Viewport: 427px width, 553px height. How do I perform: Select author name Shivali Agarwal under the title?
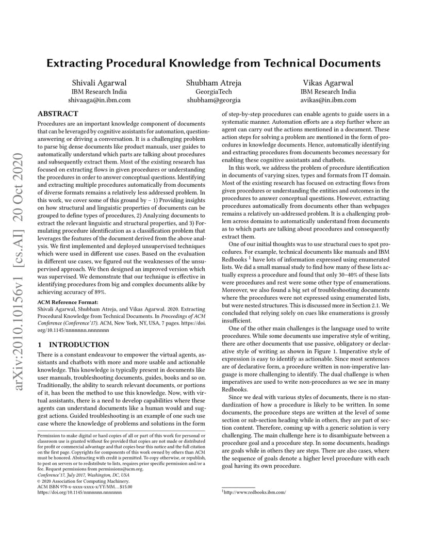click(100, 83)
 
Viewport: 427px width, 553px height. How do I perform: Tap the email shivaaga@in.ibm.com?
click(100, 100)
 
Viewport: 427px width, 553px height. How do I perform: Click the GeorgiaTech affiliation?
click(213, 92)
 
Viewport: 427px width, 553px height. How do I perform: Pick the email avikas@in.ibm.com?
click(328, 100)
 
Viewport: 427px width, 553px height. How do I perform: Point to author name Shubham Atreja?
click(213, 83)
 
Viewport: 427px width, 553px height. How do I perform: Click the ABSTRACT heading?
click(58, 113)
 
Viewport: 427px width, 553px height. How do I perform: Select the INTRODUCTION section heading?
click(79, 345)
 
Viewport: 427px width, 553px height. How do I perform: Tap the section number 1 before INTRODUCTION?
click(40, 345)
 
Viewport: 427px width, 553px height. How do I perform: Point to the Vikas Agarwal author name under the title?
click(328, 83)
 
